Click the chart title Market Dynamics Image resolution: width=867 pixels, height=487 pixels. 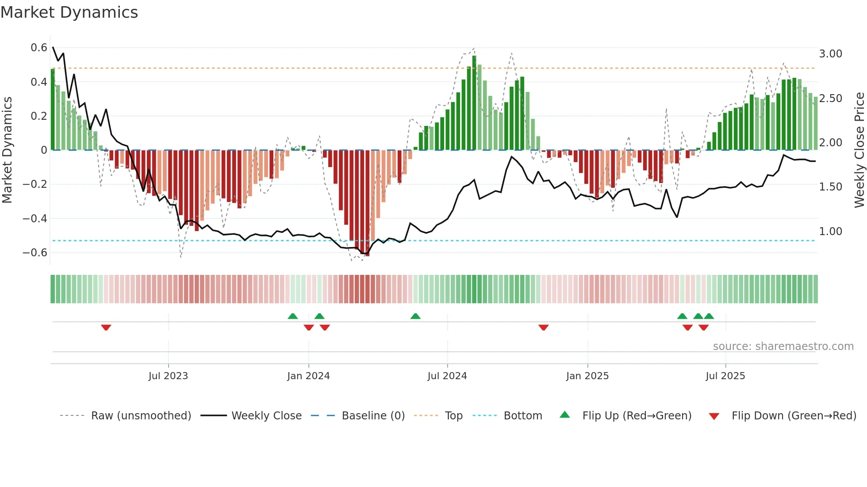69,12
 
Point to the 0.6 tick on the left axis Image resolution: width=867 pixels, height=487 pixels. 39,48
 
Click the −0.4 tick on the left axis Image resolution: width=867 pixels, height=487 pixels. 35,219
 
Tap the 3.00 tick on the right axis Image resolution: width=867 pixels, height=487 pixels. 830,54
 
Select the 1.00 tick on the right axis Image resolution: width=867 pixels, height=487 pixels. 830,232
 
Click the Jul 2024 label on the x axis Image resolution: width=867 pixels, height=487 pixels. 447,376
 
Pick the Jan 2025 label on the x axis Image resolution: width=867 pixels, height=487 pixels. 587,376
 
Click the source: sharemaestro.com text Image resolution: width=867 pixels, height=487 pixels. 783,346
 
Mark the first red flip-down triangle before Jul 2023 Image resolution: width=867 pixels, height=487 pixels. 106,327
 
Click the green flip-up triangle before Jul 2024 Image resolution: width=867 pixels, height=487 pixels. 415,316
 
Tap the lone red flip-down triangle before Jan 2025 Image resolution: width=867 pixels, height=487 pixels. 543,327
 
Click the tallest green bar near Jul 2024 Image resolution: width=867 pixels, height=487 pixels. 474,103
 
